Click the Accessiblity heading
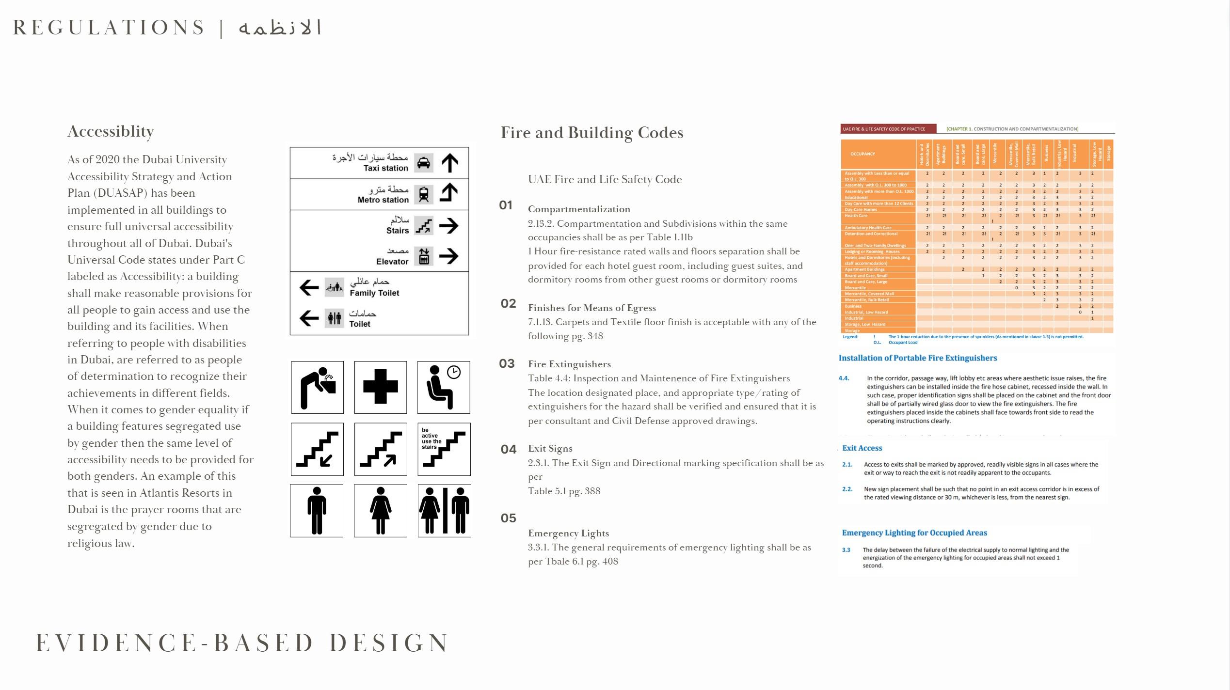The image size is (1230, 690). (111, 131)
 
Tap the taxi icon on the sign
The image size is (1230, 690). (423, 163)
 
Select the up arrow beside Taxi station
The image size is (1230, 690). (450, 163)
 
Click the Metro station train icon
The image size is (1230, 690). (423, 194)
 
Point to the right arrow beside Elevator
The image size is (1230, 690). (448, 256)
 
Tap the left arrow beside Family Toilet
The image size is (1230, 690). (309, 287)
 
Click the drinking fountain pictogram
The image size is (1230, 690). (318, 387)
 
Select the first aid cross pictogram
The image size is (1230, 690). (381, 387)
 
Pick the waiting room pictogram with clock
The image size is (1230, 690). (444, 387)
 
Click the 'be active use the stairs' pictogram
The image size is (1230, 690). (444, 449)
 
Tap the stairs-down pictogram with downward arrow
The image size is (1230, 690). (318, 449)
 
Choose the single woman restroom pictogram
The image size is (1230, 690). (381, 511)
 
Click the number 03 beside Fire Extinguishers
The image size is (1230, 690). (507, 363)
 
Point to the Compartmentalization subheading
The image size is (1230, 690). (579, 209)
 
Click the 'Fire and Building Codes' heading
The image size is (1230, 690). (591, 133)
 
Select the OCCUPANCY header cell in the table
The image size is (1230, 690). (863, 154)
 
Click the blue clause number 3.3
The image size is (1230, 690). (846, 550)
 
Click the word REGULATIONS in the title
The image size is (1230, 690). (109, 28)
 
